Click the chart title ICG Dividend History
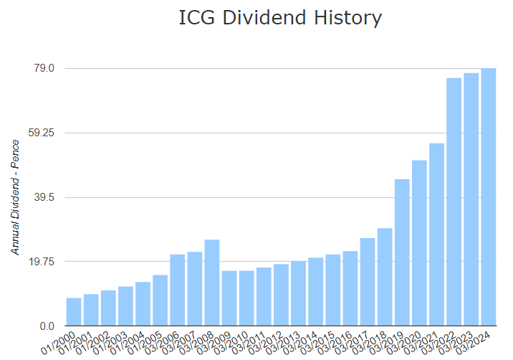coord(280,19)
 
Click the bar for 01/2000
coord(74,312)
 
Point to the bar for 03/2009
coord(229,298)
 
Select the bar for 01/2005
coord(160,300)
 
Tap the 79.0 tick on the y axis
coord(44,68)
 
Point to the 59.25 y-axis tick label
coord(42,133)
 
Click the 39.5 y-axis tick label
coord(44,197)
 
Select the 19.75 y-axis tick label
coord(42,262)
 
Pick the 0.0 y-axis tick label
coord(47,326)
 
